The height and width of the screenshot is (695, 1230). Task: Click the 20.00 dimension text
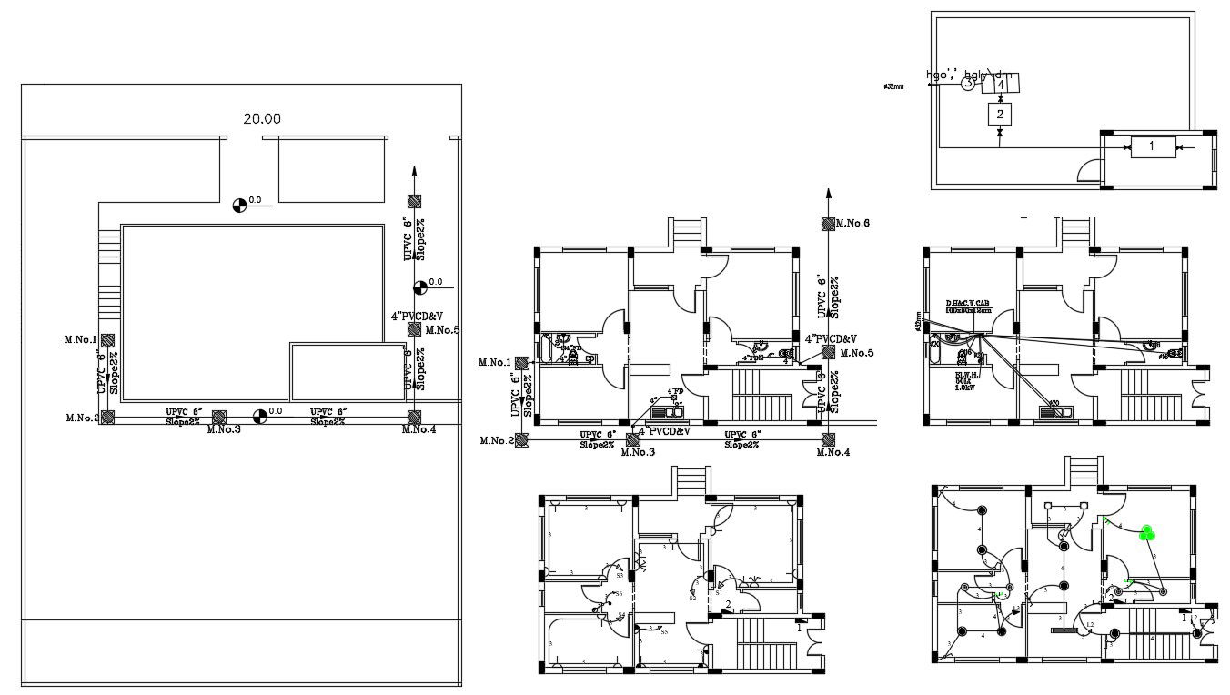(262, 118)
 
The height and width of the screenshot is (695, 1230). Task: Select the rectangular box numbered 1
(1150, 146)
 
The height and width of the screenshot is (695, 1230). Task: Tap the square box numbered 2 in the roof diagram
(1000, 114)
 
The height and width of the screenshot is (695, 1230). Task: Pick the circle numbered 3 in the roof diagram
(968, 83)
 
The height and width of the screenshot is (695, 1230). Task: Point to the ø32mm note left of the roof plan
(893, 86)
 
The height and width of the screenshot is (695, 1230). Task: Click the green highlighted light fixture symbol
(1147, 532)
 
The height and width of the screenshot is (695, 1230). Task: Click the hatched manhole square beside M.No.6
(828, 224)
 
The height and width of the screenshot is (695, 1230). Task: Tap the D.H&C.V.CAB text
(967, 303)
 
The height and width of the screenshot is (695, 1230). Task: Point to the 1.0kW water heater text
(965, 388)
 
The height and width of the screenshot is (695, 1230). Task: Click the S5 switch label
(664, 631)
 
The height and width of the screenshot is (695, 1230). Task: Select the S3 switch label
(620, 575)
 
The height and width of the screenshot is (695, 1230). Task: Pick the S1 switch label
(719, 592)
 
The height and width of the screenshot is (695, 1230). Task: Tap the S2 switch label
(692, 598)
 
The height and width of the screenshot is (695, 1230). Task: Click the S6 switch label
(618, 594)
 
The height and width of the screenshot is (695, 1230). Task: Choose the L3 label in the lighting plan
(1091, 624)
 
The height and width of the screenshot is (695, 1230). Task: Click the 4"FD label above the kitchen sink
(675, 392)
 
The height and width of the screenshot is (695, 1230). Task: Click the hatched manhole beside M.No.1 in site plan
(107, 340)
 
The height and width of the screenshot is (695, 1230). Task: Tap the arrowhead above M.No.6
(828, 193)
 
